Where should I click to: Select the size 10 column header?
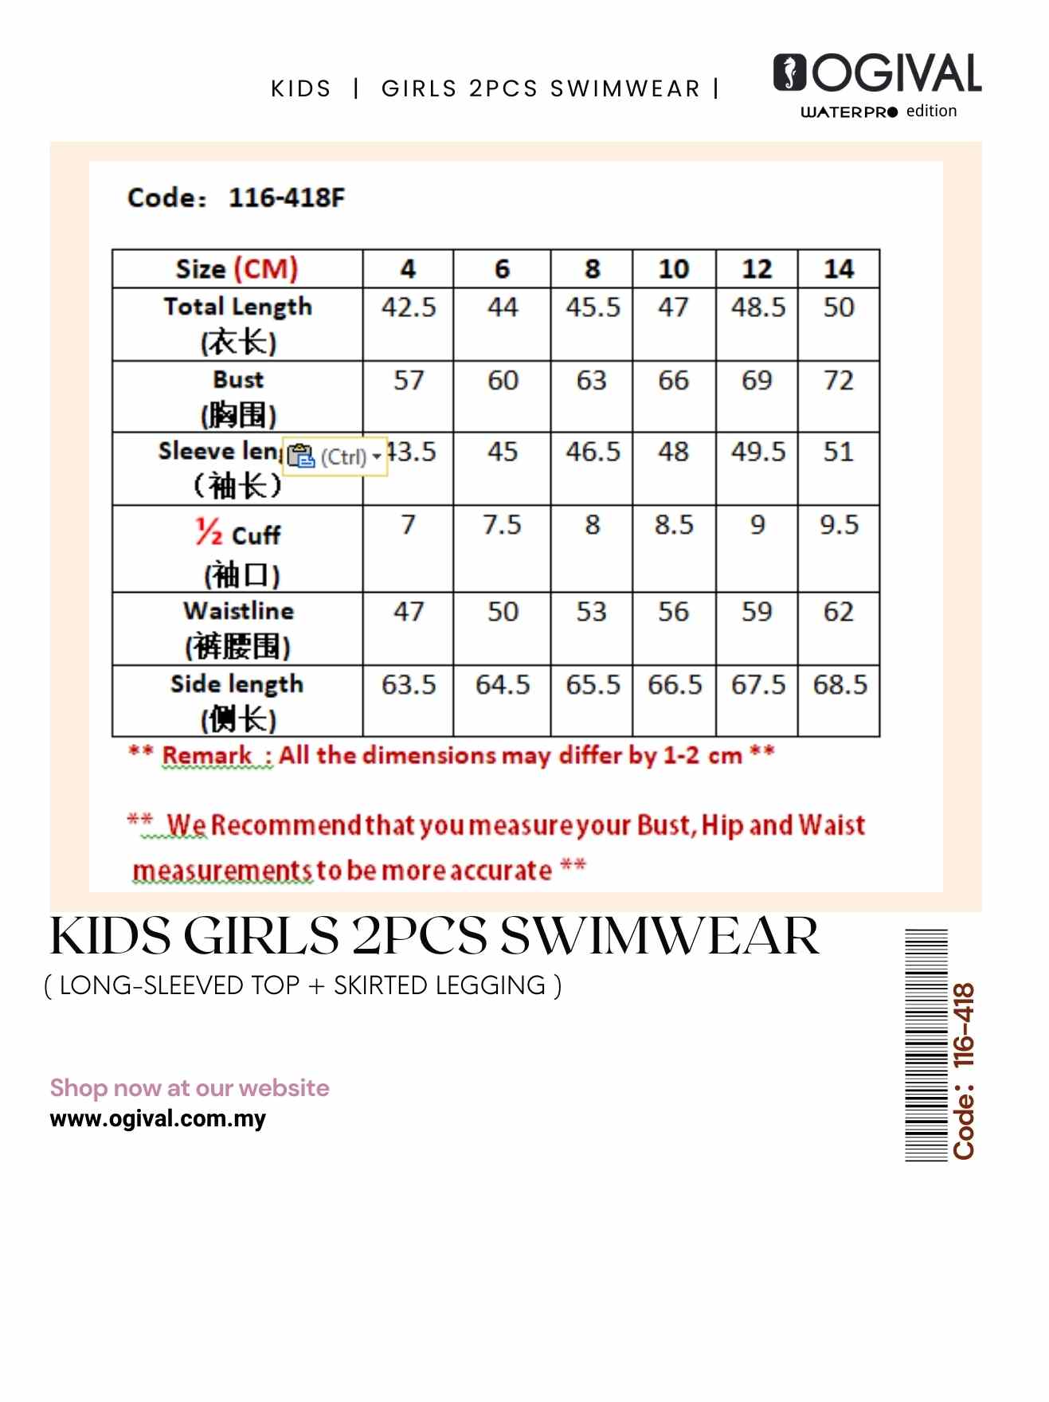click(x=673, y=269)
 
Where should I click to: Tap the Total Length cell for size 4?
click(x=409, y=307)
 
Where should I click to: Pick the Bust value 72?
click(x=838, y=381)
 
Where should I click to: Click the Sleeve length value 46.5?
click(x=593, y=452)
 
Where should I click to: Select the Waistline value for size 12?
click(x=756, y=612)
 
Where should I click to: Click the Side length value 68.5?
click(x=840, y=685)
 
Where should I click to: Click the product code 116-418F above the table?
click(x=287, y=198)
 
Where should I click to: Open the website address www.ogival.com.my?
click(x=158, y=1118)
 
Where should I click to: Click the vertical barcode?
click(x=926, y=1045)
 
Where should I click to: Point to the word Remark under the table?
click(x=207, y=755)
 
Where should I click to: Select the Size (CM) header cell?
click(x=237, y=269)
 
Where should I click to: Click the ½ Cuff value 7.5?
click(x=502, y=525)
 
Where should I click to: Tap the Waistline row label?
click(x=238, y=611)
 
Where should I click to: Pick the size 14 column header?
click(x=838, y=269)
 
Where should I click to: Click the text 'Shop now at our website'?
click(x=190, y=1088)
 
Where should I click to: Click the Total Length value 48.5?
click(x=757, y=307)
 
